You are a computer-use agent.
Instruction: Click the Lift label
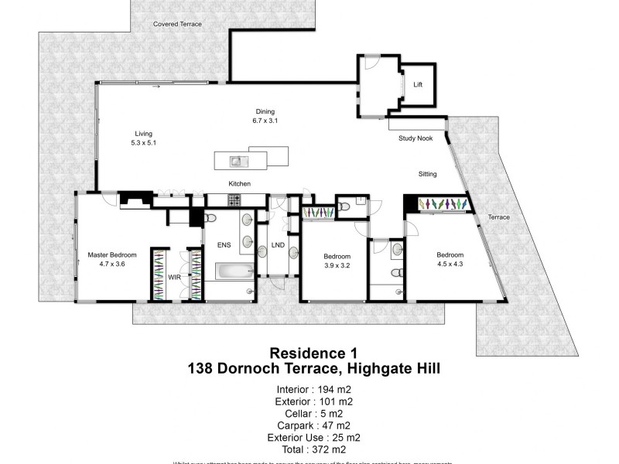418,85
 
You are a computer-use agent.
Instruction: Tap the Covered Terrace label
177,25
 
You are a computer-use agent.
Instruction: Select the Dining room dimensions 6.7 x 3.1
265,121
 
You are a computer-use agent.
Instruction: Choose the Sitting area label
428,174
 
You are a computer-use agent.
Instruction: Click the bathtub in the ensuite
234,271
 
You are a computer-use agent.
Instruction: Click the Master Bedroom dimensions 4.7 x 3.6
112,264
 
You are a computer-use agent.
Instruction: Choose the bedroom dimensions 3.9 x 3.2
336,265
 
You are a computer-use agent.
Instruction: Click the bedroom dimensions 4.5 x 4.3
450,264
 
